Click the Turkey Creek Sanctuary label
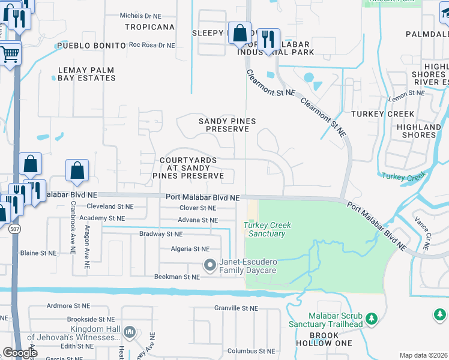pyautogui.click(x=267, y=229)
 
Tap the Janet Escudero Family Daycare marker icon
pyautogui.click(x=209, y=264)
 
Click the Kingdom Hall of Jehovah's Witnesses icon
pyautogui.click(x=129, y=332)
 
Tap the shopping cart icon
pyautogui.click(x=10, y=54)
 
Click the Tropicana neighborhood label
pyautogui.click(x=149, y=27)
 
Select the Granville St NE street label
pyautogui.click(x=236, y=308)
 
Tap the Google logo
pyautogui.click(x=20, y=353)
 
